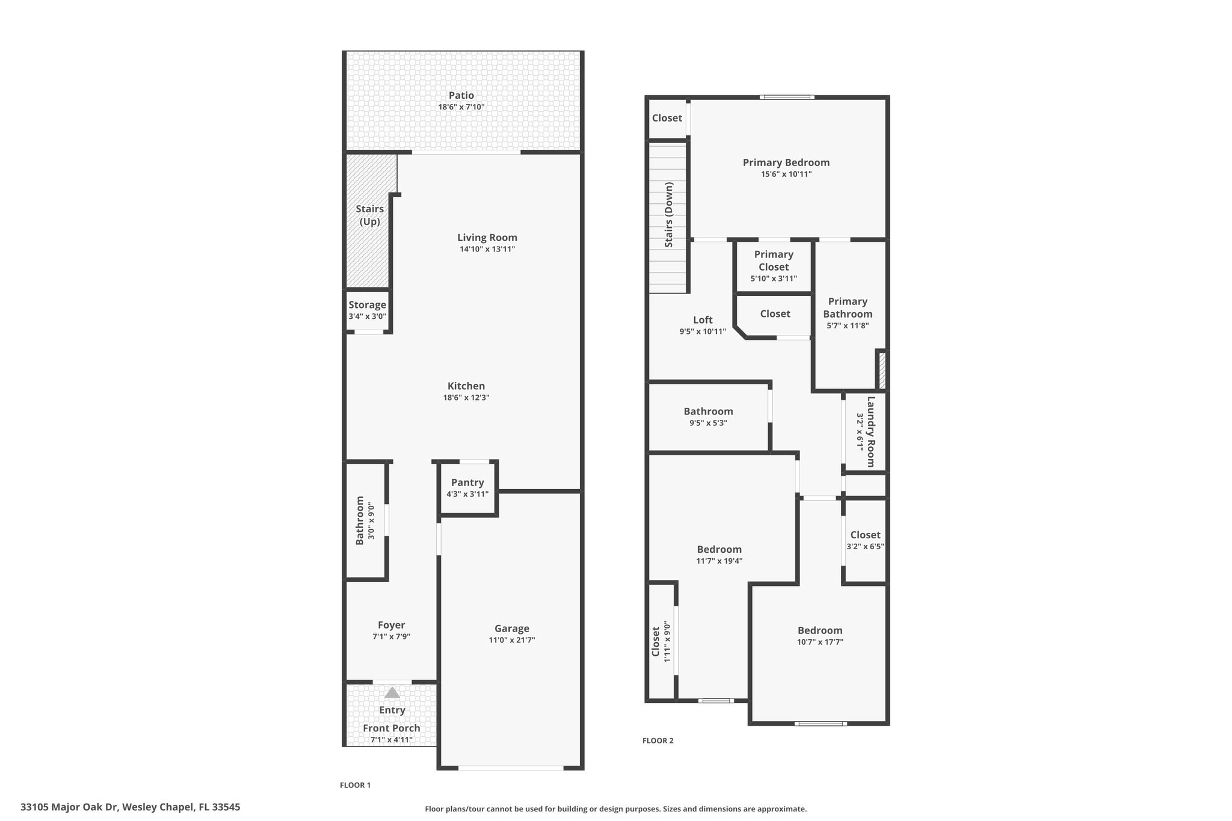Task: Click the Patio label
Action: click(461, 96)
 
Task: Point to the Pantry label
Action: click(467, 482)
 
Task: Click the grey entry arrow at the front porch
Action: click(392, 693)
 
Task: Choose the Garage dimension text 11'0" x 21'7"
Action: click(512, 640)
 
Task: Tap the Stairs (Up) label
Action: click(370, 215)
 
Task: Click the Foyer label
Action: click(391, 625)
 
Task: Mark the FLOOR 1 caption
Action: click(356, 785)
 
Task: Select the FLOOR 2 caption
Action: click(658, 740)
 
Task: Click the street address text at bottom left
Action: click(131, 807)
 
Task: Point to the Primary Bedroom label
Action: click(786, 162)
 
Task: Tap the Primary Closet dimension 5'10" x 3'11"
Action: click(774, 278)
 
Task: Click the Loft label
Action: click(703, 320)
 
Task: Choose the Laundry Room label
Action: click(870, 431)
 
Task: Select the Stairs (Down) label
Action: click(669, 215)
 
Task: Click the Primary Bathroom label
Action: click(848, 307)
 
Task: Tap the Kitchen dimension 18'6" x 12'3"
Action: click(466, 398)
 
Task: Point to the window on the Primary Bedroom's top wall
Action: click(786, 97)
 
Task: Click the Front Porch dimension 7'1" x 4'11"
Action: click(392, 740)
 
